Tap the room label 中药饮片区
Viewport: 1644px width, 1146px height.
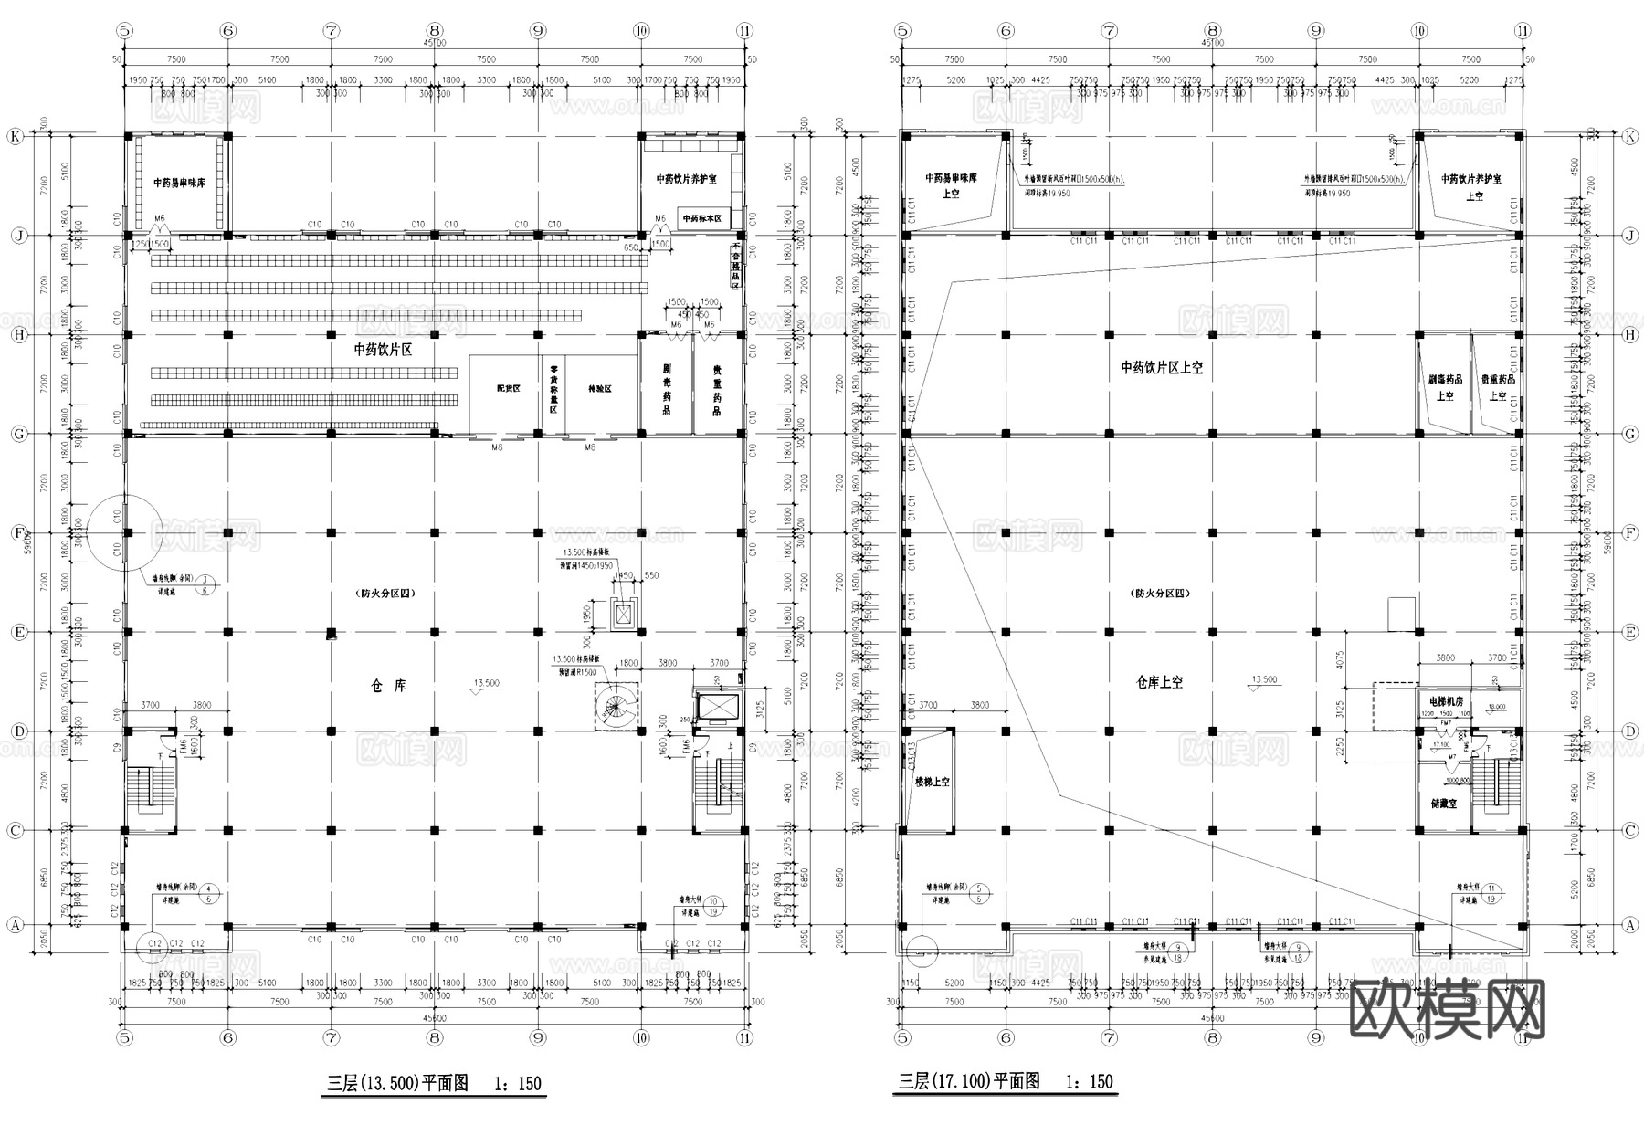coord(384,350)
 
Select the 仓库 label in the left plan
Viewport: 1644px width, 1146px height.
coord(389,686)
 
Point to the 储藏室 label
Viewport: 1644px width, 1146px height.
coord(1443,804)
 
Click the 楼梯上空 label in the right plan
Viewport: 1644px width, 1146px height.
coord(933,783)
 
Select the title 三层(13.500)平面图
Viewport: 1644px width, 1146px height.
coord(398,1084)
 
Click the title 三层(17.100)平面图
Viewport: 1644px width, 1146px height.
coord(970,1082)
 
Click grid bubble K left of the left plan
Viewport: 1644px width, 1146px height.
coord(16,136)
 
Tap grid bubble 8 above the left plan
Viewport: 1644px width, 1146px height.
coord(435,30)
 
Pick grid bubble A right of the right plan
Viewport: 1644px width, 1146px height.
coord(1630,925)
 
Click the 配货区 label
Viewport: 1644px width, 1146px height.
coord(509,389)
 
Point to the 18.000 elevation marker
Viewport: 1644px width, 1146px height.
coord(1496,707)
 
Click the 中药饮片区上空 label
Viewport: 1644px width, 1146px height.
coord(1162,367)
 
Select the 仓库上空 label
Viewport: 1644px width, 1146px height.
coord(1159,682)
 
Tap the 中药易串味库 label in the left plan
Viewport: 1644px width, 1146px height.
coord(179,183)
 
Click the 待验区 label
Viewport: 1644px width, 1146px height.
coord(600,389)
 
